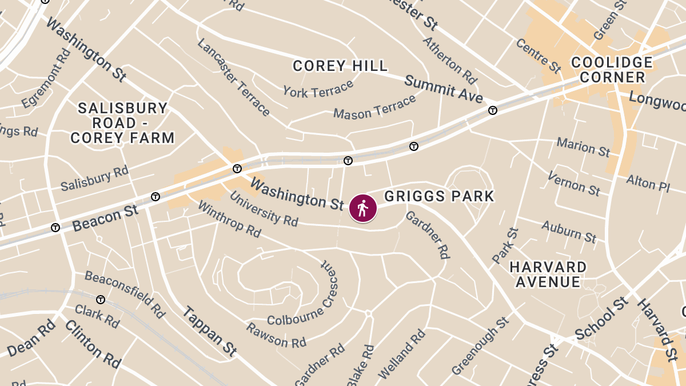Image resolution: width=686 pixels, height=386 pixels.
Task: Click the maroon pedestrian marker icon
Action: [x=362, y=208]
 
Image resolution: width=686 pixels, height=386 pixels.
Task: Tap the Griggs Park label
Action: [x=439, y=197]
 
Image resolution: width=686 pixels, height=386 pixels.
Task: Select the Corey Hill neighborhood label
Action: [x=340, y=66]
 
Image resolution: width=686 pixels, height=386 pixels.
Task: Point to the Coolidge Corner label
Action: [x=612, y=70]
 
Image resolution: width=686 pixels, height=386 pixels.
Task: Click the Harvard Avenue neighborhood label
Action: [x=548, y=274]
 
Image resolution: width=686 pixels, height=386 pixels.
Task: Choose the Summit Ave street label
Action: [x=444, y=89]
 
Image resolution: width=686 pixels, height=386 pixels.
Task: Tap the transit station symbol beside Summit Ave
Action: [x=492, y=110]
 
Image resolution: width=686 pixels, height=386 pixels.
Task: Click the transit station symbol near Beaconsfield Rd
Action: [x=101, y=300]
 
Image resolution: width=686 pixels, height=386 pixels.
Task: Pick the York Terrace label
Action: [x=318, y=90]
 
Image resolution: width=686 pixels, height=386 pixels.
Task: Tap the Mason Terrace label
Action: [x=375, y=107]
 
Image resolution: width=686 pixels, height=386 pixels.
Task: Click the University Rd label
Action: [x=264, y=208]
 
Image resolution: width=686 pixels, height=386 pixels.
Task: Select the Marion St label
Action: [x=584, y=147]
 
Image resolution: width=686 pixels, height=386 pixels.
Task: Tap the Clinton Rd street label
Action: [x=93, y=344]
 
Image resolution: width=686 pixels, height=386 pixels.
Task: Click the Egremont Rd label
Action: [x=46, y=78]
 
